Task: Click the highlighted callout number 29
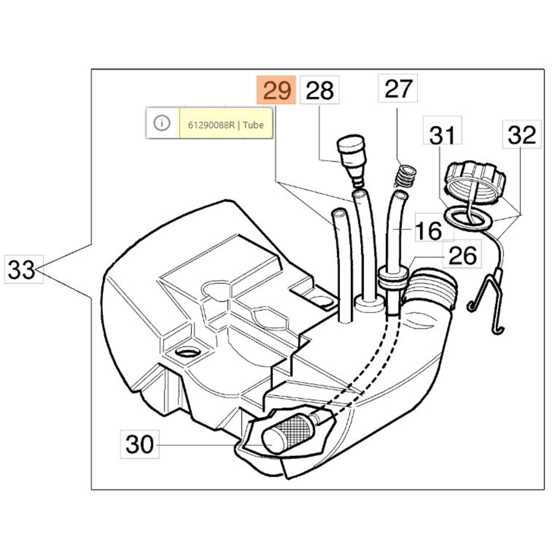point(276,90)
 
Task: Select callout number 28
point(319,90)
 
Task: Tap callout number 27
point(398,88)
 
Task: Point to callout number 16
point(429,230)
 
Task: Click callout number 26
point(462,256)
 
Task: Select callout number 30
point(140,444)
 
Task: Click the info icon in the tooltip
point(162,123)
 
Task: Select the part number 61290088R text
point(211,125)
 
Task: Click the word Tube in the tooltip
point(253,125)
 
